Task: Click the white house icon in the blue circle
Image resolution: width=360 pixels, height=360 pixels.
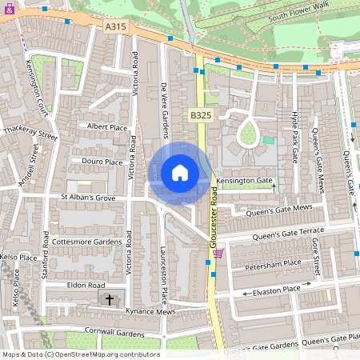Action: pyautogui.click(x=180, y=173)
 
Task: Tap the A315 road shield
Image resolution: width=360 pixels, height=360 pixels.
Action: pyautogui.click(x=116, y=26)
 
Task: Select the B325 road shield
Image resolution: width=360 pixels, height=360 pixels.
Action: pyautogui.click(x=201, y=116)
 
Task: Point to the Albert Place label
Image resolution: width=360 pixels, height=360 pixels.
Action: pyautogui.click(x=107, y=127)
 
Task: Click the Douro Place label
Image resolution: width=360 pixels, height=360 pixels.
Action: pyautogui.click(x=102, y=162)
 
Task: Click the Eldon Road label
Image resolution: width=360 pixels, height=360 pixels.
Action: pyautogui.click(x=86, y=285)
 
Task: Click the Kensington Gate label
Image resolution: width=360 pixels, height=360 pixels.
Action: pyautogui.click(x=244, y=182)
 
